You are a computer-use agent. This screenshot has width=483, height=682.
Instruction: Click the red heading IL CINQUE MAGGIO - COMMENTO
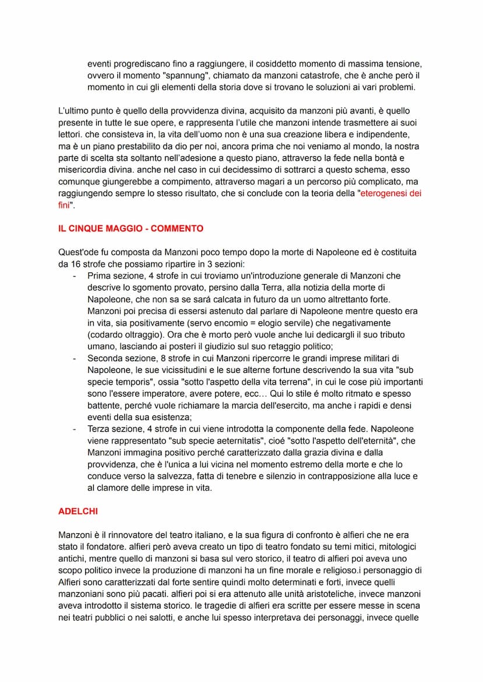[131, 229]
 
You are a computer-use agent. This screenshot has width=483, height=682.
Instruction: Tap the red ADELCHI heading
[78, 511]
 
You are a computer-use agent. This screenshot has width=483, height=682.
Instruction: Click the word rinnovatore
[128, 535]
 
